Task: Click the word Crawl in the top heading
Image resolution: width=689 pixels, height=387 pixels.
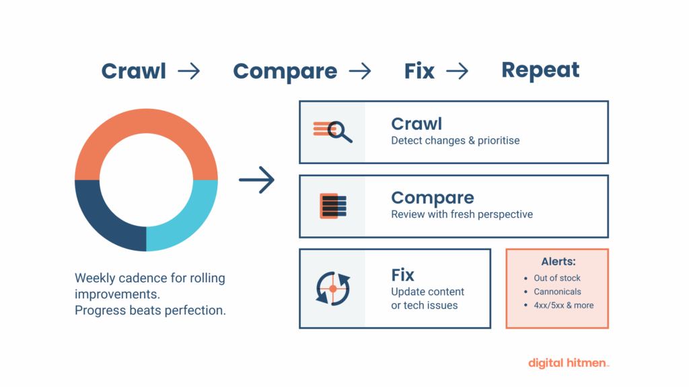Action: (133, 71)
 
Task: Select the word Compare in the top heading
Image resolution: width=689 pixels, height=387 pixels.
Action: (285, 71)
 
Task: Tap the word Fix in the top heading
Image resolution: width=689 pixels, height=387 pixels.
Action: (419, 71)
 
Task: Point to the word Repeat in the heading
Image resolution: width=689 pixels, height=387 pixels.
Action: (540, 70)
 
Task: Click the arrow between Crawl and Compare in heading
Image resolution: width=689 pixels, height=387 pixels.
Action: (188, 71)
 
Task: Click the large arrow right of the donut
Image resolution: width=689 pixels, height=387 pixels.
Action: (256, 180)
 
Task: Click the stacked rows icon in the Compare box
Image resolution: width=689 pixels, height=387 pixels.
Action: (333, 206)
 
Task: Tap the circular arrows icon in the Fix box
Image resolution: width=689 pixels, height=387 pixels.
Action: (333, 288)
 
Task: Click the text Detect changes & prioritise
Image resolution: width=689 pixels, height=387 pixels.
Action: (455, 140)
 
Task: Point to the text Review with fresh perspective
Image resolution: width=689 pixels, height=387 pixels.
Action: (462, 214)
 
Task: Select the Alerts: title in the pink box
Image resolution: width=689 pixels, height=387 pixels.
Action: (558, 261)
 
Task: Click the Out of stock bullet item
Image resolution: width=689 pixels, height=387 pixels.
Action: (556, 278)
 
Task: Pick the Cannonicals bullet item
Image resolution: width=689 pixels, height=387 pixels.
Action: (557, 292)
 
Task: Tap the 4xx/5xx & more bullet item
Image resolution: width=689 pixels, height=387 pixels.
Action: (563, 305)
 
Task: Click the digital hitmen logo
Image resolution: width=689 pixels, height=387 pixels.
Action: (568, 363)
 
